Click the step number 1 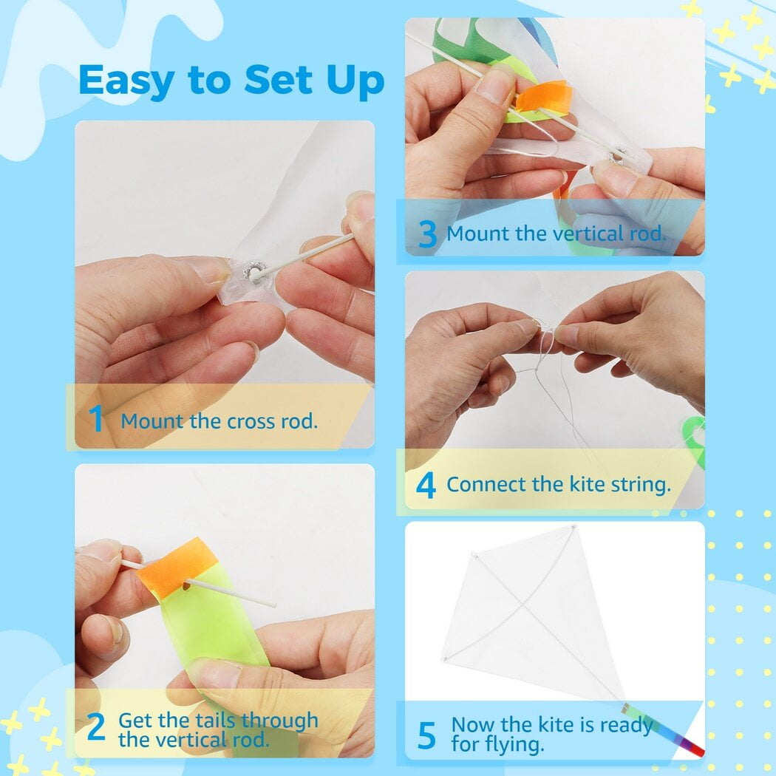click(x=95, y=418)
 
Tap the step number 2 click(x=95, y=726)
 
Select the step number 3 click(x=427, y=234)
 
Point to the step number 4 click(x=426, y=485)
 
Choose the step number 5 click(x=426, y=735)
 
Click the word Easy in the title click(x=126, y=80)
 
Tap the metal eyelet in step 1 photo click(x=254, y=273)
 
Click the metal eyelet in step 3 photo click(x=616, y=156)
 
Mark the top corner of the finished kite click(x=574, y=528)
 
